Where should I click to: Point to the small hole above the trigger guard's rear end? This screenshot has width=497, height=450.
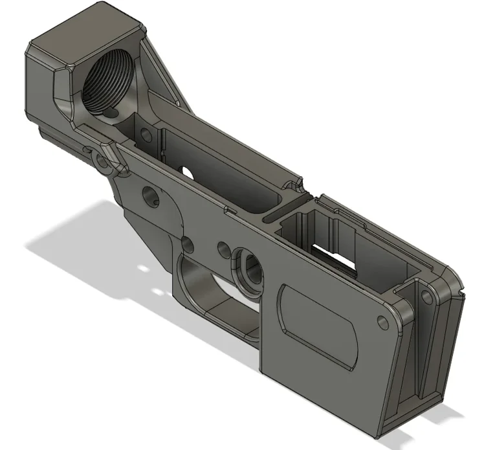(x=188, y=243)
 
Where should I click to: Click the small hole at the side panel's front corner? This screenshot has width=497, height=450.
(x=381, y=322)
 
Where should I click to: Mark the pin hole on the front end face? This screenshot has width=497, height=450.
(x=425, y=297)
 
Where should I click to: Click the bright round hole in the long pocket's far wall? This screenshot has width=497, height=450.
(x=188, y=171)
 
